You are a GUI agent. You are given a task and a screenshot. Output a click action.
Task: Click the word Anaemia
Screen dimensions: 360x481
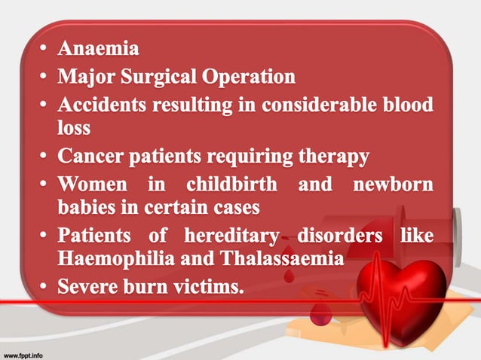tap(99, 50)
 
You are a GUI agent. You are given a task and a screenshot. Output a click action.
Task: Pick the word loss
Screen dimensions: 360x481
tap(74, 128)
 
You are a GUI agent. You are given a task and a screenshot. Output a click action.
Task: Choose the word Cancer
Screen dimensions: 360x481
tap(91, 157)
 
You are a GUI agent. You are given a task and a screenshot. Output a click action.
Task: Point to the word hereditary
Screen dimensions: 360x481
tap(228, 235)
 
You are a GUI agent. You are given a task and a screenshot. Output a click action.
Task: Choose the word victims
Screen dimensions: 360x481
tap(211, 287)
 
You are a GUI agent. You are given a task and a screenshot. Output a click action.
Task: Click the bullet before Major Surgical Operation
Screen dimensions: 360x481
tap(44, 78)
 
